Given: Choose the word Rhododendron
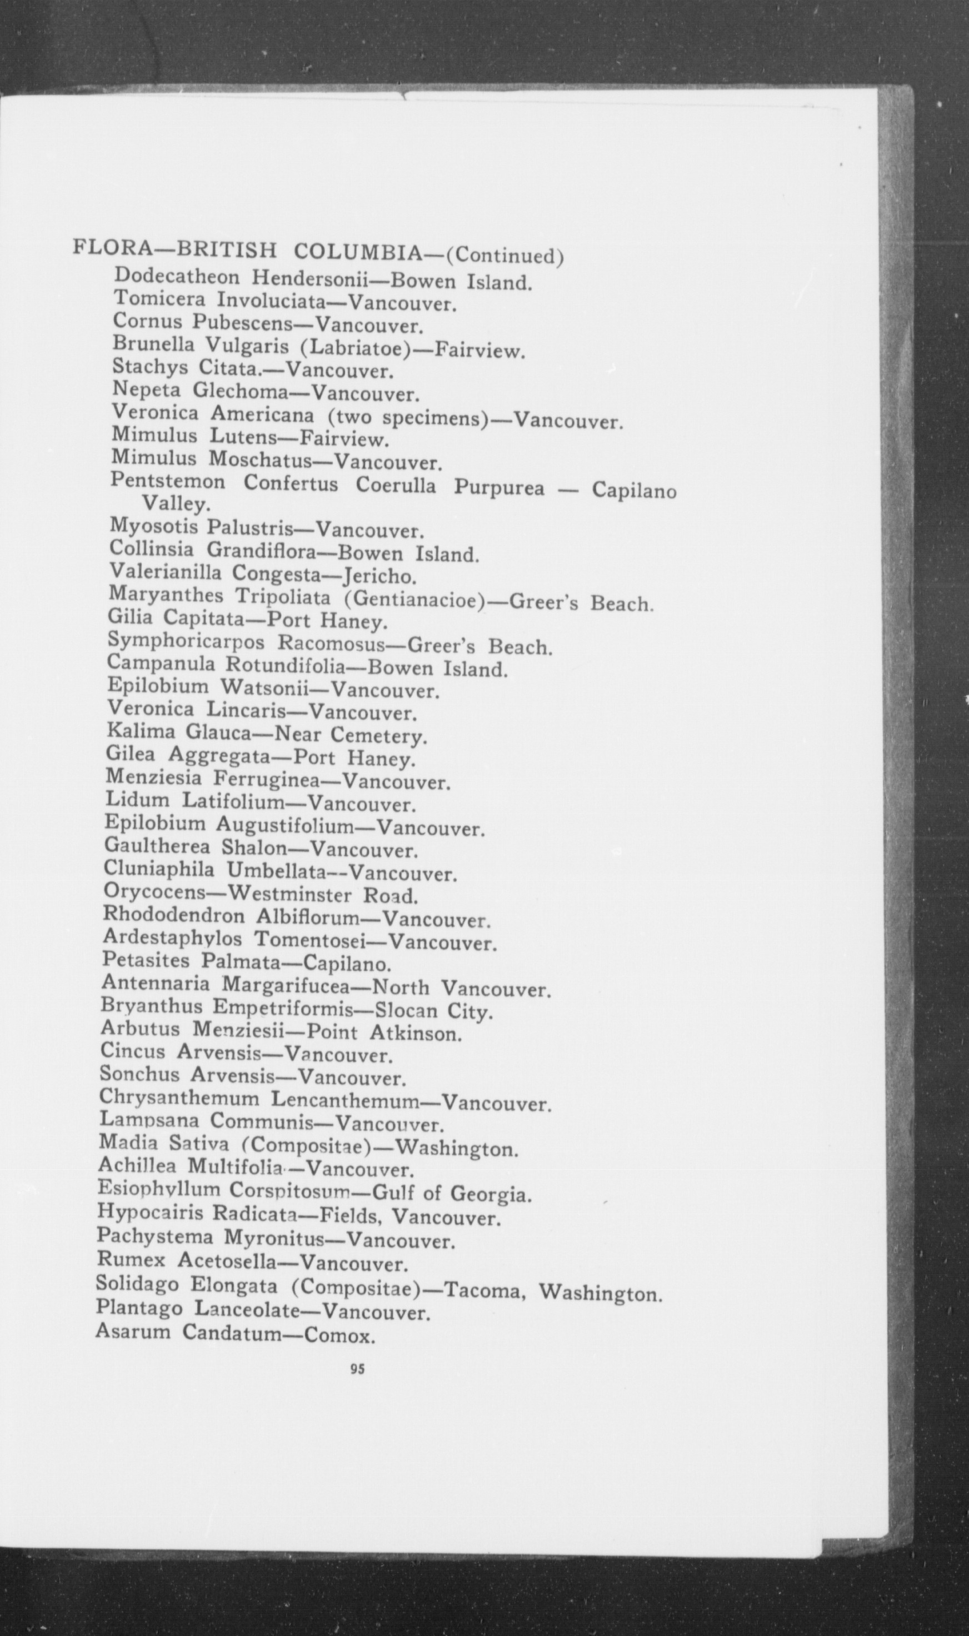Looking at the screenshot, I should [174, 916].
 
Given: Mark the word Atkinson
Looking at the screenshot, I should [415, 1033].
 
